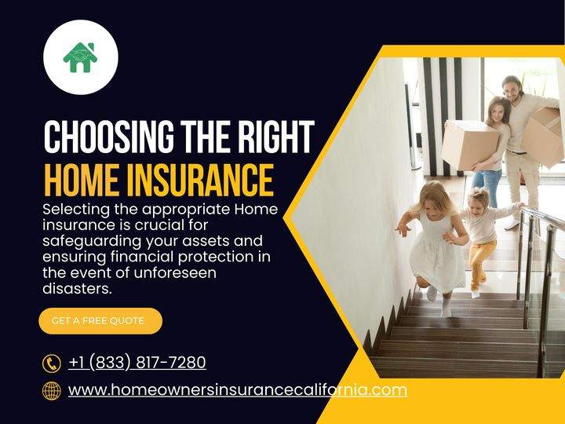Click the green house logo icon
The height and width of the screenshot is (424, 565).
pos(80,57)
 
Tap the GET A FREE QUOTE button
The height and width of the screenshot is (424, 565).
pos(100,320)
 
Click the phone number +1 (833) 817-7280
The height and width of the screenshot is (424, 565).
pos(137,362)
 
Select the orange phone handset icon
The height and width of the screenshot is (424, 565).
pos(52,363)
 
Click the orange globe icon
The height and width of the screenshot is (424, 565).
pos(52,390)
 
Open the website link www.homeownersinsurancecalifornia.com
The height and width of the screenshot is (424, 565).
pos(238,389)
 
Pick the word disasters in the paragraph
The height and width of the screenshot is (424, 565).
pos(78,288)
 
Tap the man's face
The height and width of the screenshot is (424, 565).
pos(512,90)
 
